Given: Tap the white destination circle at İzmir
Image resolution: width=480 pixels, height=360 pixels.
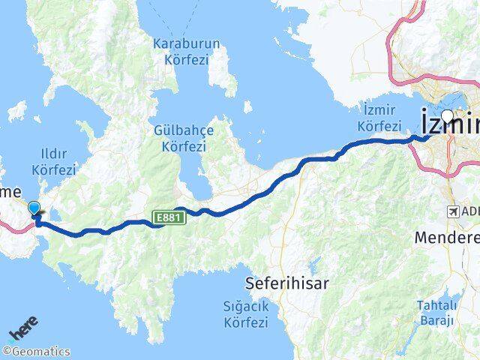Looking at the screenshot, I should tap(448, 116).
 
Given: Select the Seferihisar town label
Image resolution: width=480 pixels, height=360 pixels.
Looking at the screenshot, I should tap(287, 283).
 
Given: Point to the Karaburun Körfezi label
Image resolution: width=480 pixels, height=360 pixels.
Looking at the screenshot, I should tap(186, 50).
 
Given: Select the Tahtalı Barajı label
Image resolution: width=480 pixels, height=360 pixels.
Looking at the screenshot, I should tap(436, 313).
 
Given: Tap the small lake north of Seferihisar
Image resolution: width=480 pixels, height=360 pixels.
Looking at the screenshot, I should tap(313, 264).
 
